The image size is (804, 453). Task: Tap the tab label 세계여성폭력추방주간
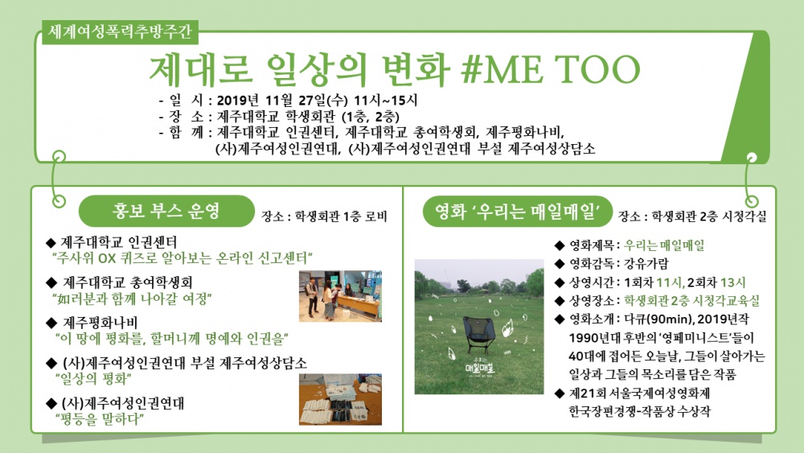(x=117, y=34)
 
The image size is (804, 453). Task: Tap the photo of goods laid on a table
(x=340, y=398)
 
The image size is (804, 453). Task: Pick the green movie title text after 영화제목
(x=664, y=245)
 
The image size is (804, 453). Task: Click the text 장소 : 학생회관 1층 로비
(x=324, y=216)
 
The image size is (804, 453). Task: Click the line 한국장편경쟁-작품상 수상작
(x=639, y=411)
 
